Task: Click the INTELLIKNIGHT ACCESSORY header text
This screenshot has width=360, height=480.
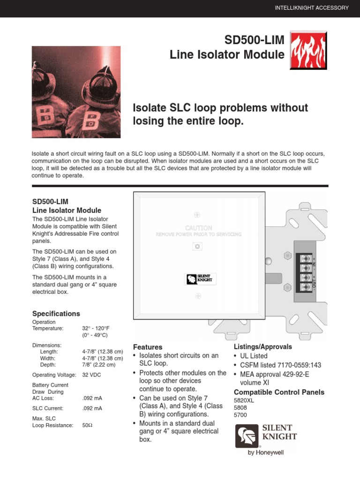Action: tap(311, 8)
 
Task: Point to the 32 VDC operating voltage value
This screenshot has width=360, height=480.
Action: tap(91, 375)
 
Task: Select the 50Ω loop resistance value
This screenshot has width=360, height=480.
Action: tap(87, 425)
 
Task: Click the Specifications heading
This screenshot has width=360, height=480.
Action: tap(56, 314)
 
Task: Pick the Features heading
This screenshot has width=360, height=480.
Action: tap(148, 347)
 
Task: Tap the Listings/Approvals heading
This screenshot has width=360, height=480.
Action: tap(262, 347)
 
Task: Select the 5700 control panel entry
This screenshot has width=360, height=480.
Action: tap(240, 415)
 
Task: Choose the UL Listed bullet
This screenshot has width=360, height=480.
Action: tap(256, 356)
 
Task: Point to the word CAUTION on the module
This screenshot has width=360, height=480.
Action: tap(198, 228)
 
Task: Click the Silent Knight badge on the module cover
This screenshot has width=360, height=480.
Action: tap(198, 279)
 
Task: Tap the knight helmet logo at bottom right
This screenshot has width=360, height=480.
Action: tap(247, 436)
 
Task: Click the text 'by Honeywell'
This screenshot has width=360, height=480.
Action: tap(266, 453)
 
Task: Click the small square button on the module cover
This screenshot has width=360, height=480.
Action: tap(197, 246)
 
